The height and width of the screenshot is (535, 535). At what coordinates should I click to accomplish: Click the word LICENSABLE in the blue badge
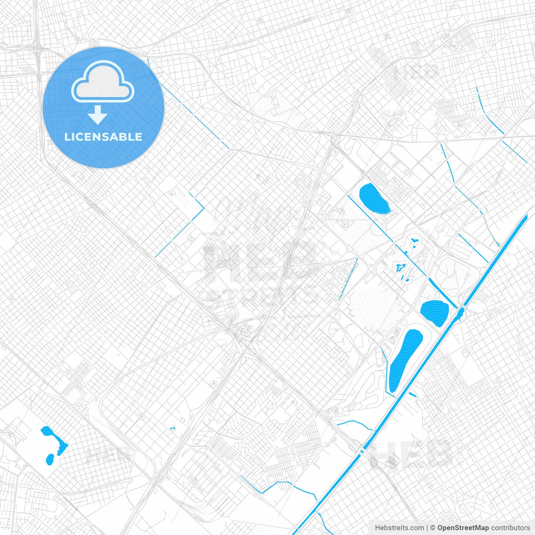pyautogui.click(x=103, y=137)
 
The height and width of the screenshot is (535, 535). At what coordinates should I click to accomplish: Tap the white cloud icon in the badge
pyautogui.click(x=103, y=82)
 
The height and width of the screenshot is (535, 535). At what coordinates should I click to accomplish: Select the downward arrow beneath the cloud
pyautogui.click(x=98, y=115)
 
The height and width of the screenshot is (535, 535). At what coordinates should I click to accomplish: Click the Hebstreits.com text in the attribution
pyautogui.click(x=399, y=528)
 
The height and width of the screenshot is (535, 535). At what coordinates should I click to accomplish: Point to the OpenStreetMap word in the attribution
pyautogui.click(x=463, y=528)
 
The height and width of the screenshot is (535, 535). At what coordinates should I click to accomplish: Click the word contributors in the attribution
pyautogui.click(x=510, y=528)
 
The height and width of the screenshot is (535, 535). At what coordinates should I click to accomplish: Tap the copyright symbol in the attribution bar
pyautogui.click(x=433, y=528)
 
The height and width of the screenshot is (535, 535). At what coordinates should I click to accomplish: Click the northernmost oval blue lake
pyautogui.click(x=374, y=199)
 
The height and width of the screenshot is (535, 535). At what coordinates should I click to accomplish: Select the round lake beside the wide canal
pyautogui.click(x=435, y=313)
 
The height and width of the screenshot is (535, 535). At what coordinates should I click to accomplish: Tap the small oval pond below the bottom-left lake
pyautogui.click(x=50, y=459)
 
